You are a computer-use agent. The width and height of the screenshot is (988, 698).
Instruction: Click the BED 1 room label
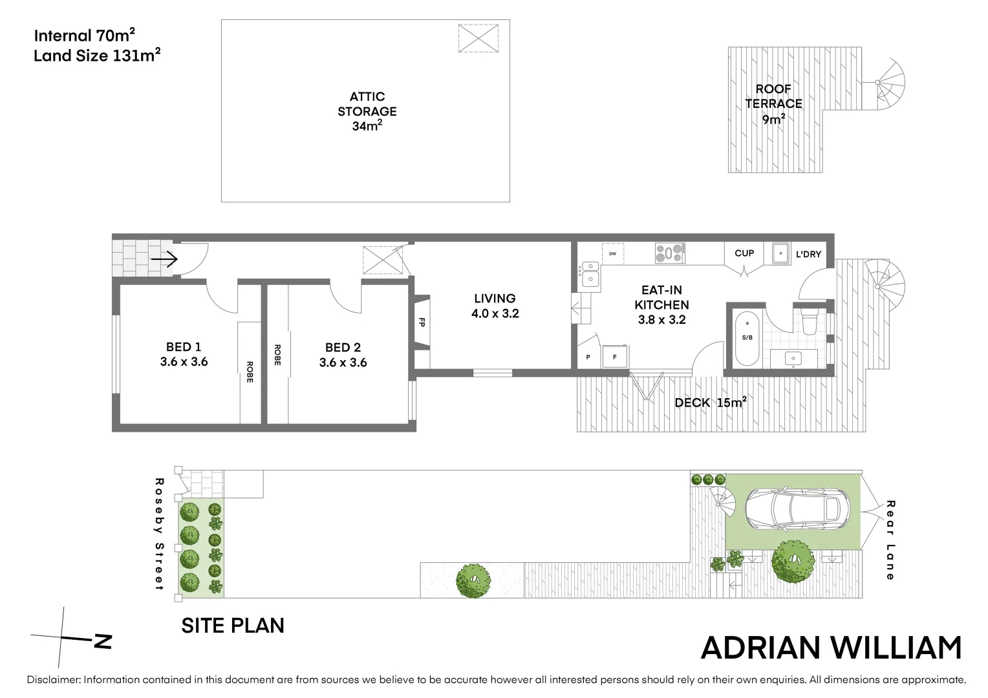pos(184,354)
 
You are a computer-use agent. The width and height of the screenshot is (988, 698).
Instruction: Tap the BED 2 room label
pos(343,355)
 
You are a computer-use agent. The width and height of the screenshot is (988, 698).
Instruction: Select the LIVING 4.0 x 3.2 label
pos(495,306)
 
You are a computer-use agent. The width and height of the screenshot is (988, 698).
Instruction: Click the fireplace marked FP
pos(422,322)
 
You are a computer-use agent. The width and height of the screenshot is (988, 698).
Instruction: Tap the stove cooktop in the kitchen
pos(670,253)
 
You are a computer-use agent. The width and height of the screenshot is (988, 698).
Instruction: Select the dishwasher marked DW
pos(612,253)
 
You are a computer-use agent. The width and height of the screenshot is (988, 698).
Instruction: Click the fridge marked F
pos(615,356)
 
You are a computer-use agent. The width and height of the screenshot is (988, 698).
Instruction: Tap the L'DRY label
pos(808,254)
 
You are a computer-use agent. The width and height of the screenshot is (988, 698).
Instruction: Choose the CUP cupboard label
pos(744,253)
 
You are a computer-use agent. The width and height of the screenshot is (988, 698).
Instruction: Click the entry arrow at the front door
pos(164,260)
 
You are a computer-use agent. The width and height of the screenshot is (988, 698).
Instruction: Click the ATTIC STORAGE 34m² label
pos(367,111)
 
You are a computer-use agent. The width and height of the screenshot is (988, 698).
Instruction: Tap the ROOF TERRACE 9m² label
pos(773,103)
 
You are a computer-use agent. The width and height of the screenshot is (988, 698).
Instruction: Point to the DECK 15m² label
pos(710,403)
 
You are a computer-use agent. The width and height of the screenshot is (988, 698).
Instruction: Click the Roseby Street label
pos(159,534)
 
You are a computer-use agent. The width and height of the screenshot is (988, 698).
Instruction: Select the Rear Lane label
pos(890,540)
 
